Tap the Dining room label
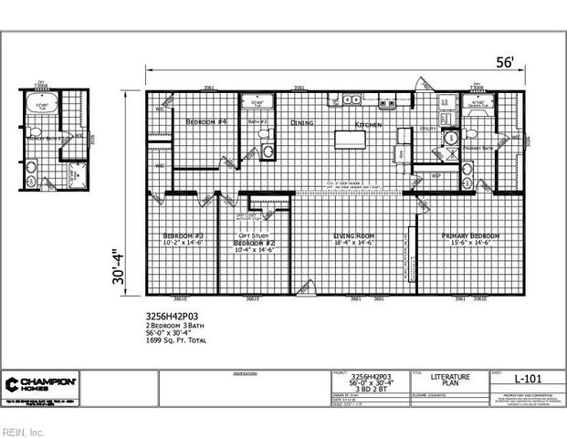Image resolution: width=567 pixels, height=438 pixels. [x=301, y=121]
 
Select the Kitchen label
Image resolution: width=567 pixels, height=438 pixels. [x=368, y=124]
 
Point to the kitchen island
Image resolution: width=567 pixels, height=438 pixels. [x=351, y=140]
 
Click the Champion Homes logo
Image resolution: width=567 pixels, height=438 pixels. [x=41, y=383]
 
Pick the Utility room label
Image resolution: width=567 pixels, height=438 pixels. [x=425, y=130]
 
